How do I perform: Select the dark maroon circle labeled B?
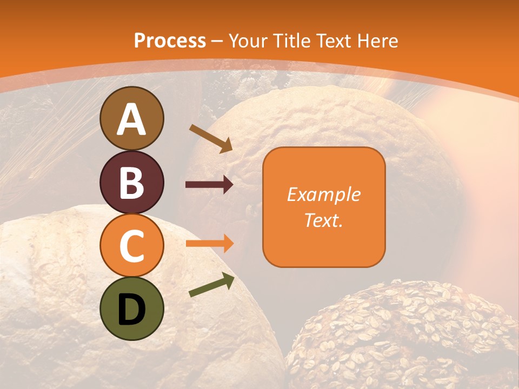[132, 183]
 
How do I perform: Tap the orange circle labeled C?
[132, 246]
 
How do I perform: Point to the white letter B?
[132, 183]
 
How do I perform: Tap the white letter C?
[132, 246]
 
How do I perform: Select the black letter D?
[132, 309]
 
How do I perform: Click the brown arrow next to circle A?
[211, 138]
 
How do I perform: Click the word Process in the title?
[170, 41]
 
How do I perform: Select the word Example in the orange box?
[323, 194]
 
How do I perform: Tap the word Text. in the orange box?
[323, 220]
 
